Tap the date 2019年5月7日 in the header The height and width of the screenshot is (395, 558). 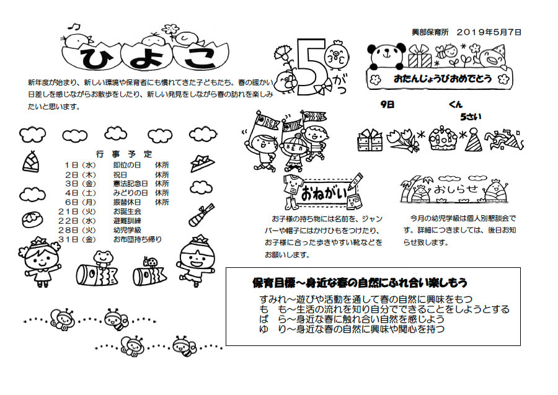(489, 32)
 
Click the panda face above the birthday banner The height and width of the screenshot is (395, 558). (387, 56)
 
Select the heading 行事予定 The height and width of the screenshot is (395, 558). (124, 154)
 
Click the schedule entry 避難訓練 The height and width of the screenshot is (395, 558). (127, 221)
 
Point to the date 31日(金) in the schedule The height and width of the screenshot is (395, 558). (77, 239)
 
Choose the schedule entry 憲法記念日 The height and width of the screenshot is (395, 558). (131, 184)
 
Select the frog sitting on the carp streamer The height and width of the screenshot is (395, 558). (103, 258)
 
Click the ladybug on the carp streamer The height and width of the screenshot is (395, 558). (151, 262)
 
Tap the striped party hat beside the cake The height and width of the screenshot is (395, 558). (474, 140)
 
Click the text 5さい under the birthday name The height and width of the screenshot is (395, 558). (471, 117)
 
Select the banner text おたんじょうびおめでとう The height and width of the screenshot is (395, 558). (443, 78)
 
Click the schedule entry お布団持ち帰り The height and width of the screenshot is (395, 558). (138, 239)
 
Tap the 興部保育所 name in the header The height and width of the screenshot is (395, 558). (430, 32)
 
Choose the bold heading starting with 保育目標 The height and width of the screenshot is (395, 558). (360, 283)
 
